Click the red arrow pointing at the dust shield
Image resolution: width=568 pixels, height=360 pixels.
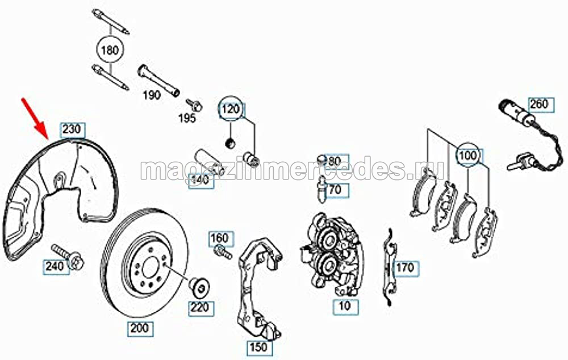click(x=35, y=118)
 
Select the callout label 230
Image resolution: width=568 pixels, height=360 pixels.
click(x=73, y=129)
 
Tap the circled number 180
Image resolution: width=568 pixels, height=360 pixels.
click(x=110, y=49)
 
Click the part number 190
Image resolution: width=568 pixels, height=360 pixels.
click(x=152, y=95)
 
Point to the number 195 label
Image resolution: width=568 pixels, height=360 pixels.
click(x=187, y=118)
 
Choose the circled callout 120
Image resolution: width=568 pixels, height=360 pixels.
click(x=231, y=109)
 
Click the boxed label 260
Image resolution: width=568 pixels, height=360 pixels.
click(x=539, y=104)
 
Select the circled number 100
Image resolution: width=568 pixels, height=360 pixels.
click(x=467, y=156)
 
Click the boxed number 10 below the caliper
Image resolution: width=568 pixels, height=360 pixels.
click(x=345, y=307)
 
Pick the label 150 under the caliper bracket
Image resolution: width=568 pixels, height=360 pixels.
click(x=258, y=348)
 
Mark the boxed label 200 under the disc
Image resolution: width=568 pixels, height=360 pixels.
click(x=140, y=329)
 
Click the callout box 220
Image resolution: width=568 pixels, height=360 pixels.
click(x=201, y=308)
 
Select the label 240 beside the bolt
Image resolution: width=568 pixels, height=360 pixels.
click(x=56, y=266)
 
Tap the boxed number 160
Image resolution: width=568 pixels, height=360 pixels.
click(x=220, y=238)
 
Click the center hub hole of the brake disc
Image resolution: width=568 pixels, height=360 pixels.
click(x=150, y=268)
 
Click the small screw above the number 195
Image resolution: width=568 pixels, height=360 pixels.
click(x=194, y=104)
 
